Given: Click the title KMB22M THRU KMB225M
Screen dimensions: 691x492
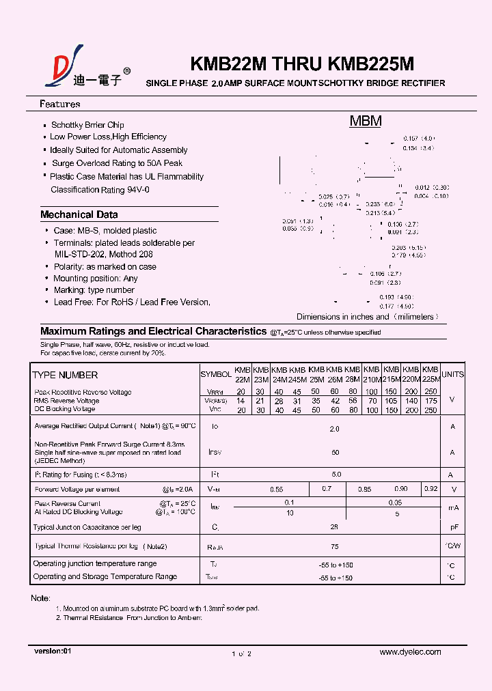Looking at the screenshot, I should coord(301,64).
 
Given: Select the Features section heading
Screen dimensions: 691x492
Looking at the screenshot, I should coord(60,104).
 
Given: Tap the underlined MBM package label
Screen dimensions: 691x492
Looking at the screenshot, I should coord(366,122).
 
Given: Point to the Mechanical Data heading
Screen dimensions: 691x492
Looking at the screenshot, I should coord(79,214).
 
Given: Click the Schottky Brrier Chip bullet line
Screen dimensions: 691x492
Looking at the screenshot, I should coord(87,125).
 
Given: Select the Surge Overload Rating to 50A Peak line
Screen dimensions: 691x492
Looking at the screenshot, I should coord(117,163).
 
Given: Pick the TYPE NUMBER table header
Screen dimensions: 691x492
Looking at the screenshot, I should coord(65,375).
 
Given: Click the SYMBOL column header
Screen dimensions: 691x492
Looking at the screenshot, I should coord(216,375).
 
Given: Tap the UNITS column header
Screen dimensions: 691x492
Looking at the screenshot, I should coord(452,374).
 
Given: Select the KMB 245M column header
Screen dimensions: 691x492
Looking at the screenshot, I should coord(297,374).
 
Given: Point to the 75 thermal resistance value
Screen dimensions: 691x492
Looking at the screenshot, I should coord(335,546).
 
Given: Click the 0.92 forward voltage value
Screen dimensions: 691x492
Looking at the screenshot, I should coord(430,489).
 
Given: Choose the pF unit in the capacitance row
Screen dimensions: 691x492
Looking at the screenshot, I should coord(452,528).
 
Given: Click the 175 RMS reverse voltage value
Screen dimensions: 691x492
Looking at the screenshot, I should coord(430,401).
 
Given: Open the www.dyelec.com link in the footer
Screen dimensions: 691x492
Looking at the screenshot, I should coord(410,652).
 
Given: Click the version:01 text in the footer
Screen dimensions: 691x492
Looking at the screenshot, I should coord(53,651).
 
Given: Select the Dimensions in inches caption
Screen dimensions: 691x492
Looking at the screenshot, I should coord(367,317).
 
